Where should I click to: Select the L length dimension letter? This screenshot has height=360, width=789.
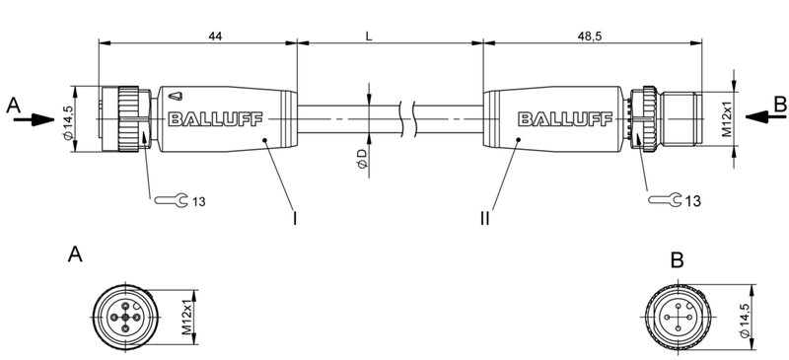(x=368, y=36)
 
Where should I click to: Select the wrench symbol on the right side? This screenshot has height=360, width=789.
(x=665, y=201)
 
